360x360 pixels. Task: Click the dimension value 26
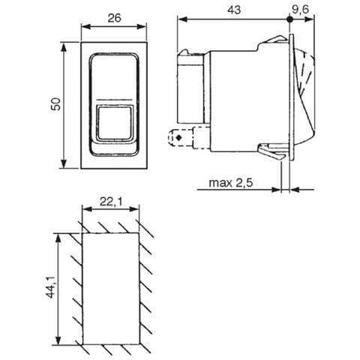(115, 18)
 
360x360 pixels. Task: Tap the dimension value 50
(55, 104)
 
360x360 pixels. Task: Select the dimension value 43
(234, 10)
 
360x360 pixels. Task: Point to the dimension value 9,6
(300, 10)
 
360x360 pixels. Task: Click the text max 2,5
(231, 183)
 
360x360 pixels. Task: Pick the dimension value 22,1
(112, 202)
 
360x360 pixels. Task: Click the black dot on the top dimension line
(289, 19)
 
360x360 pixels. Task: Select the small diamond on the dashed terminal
(178, 137)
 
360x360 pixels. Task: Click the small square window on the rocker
(115, 123)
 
